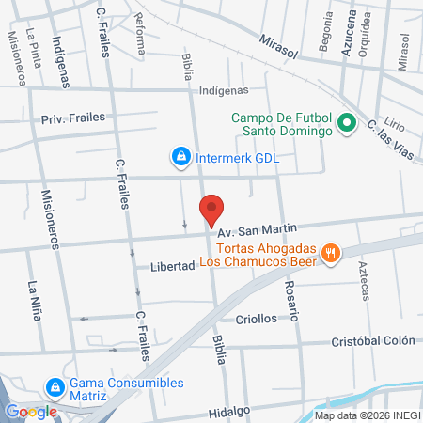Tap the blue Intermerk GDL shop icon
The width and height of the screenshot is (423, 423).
pos(179,155)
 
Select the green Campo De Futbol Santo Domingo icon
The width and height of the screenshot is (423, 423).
pos(345,123)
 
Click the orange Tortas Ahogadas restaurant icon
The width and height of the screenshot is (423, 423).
pos(330,252)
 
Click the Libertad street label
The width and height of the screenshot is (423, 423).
pos(172,266)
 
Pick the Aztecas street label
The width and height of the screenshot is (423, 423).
pos(364,280)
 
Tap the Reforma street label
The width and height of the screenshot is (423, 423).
pos(140,32)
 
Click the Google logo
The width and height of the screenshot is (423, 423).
pos(31,411)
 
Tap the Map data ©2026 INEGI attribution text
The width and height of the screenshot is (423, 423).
pos(367,415)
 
